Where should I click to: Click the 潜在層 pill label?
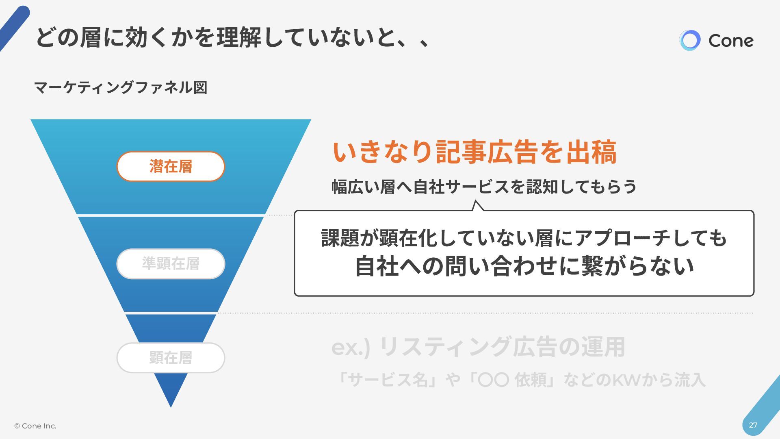coord(171,166)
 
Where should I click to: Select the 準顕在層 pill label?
coord(171,264)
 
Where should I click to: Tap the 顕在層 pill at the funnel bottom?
coord(171,358)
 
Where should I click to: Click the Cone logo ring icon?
coord(690,40)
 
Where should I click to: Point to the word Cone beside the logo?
coord(730,41)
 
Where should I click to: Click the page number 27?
coord(753,425)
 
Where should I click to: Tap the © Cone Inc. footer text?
coord(35,426)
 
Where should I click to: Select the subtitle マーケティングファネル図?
coord(121,87)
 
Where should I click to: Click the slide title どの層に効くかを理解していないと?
coord(232,38)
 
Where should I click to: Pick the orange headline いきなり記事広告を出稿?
coord(474,152)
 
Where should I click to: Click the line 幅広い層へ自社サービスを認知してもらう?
coord(484,187)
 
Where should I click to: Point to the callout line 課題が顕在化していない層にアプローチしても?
coord(523,238)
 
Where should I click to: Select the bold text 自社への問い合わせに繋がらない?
coord(524,266)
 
